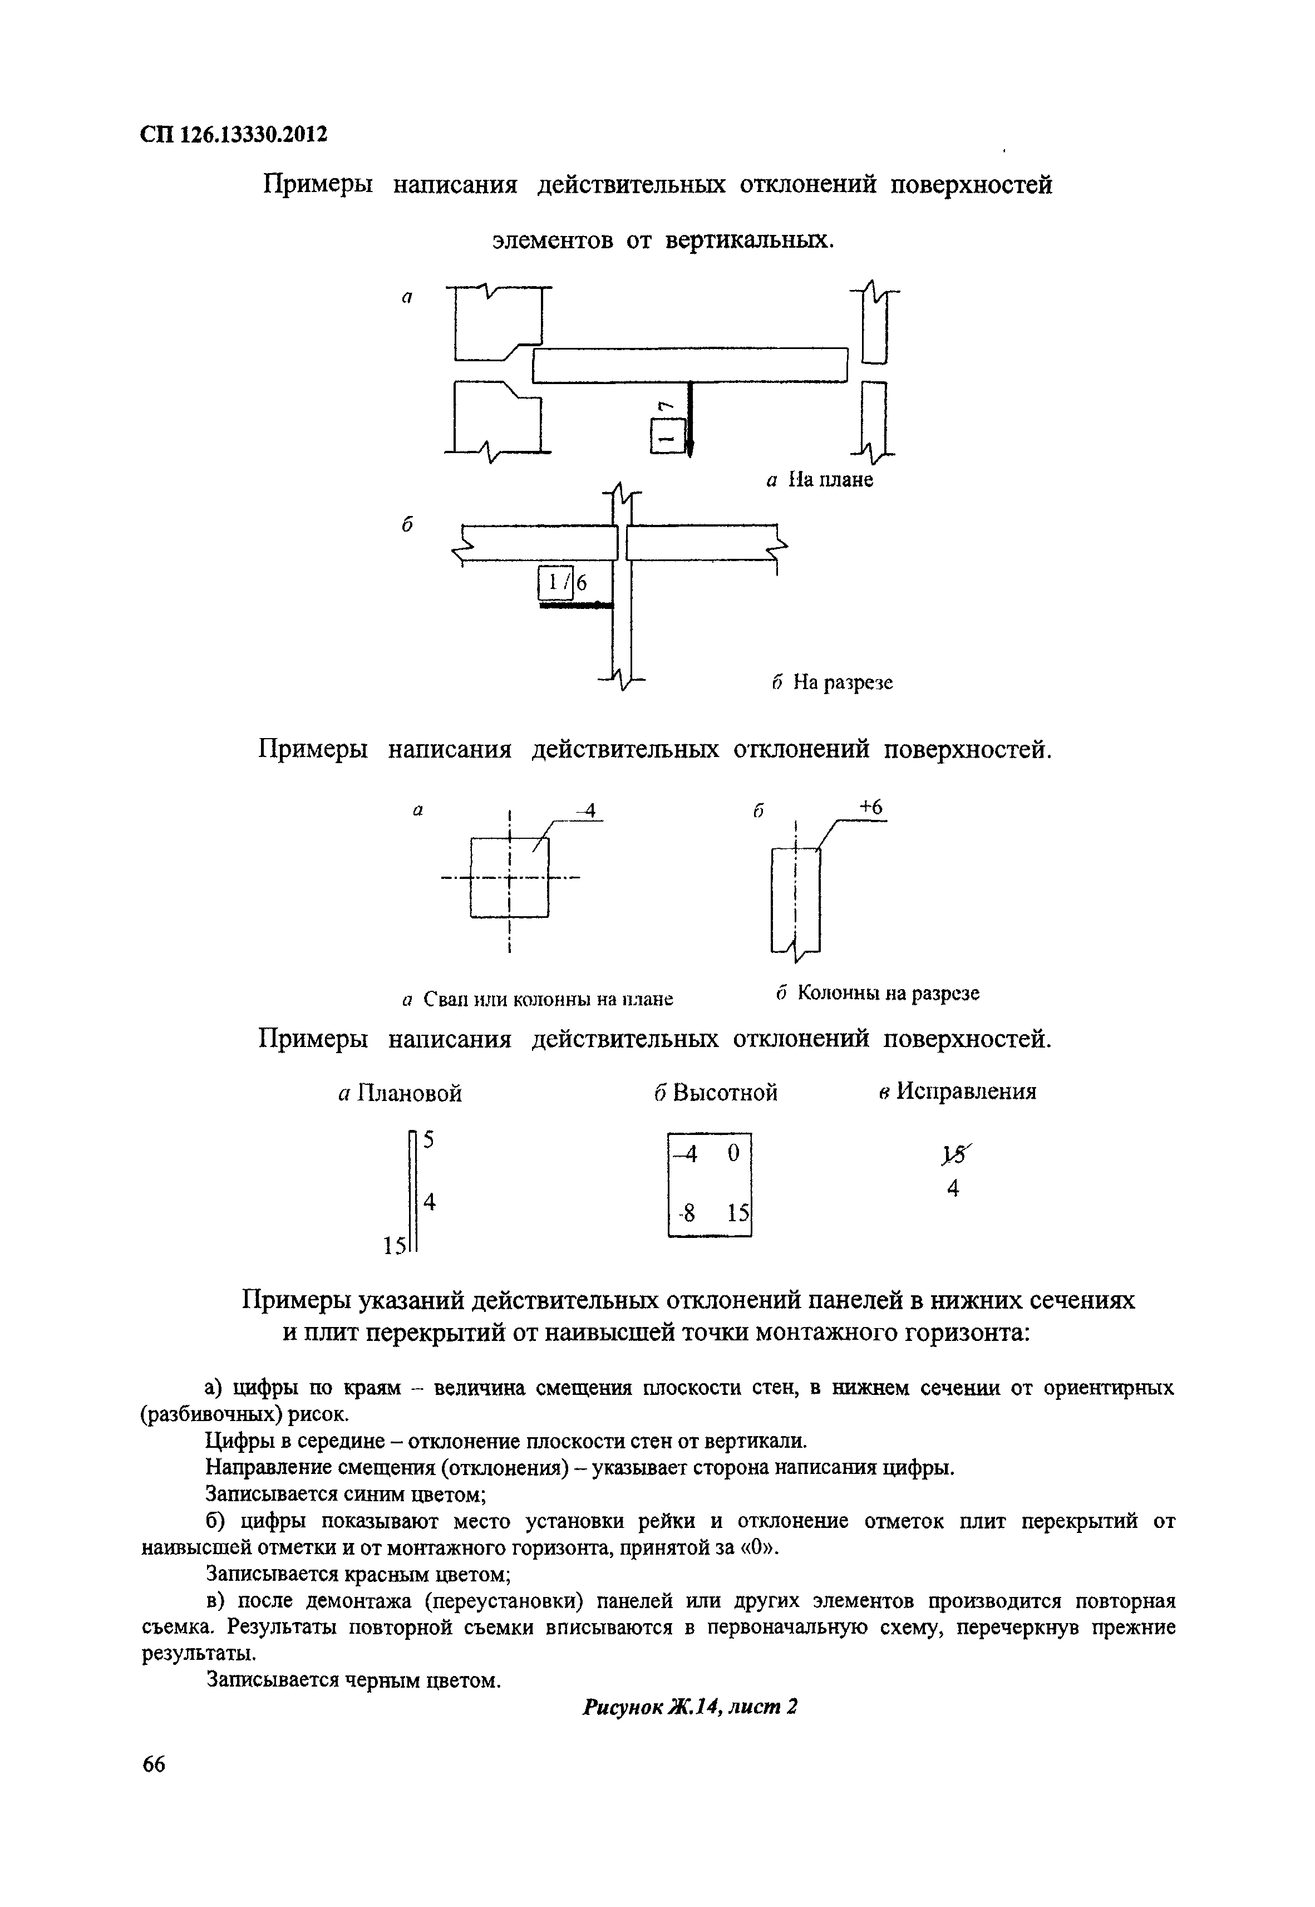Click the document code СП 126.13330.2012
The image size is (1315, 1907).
click(x=235, y=134)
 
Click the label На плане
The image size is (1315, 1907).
click(x=830, y=480)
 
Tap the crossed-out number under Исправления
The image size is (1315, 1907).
click(x=952, y=1157)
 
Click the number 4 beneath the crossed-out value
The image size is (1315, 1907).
click(x=953, y=1188)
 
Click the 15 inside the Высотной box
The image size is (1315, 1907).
click(x=738, y=1213)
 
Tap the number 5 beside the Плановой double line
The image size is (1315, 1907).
click(x=429, y=1140)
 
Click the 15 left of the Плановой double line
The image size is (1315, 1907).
click(x=394, y=1245)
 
